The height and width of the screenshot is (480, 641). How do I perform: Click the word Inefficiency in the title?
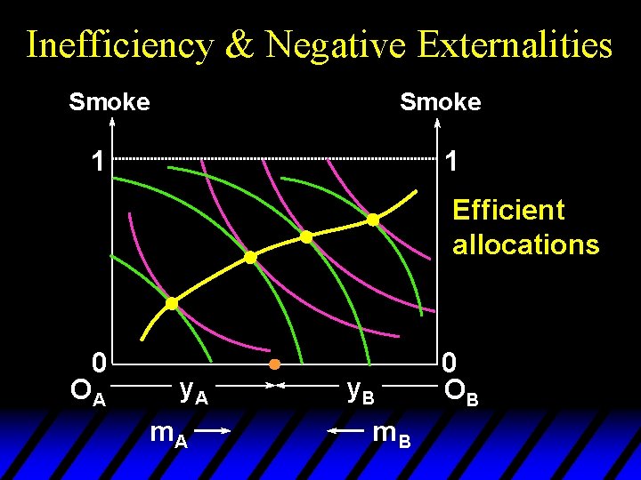point(119,44)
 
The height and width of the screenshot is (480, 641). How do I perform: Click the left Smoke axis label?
point(110,102)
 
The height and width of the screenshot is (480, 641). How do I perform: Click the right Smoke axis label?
point(441,102)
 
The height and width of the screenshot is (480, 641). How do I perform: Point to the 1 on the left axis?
point(97,162)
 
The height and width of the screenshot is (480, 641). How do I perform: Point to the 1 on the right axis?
point(452,162)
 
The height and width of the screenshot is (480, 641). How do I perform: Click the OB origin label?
point(460,392)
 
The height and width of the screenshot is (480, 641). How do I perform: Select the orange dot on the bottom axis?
point(275,364)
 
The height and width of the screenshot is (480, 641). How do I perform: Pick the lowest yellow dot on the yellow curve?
point(172,303)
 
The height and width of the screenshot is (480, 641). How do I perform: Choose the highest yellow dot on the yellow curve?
point(373,219)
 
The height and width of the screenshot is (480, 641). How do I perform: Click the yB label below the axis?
point(361,390)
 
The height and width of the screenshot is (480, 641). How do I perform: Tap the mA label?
point(168,433)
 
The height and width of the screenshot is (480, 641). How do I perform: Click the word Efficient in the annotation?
point(508,211)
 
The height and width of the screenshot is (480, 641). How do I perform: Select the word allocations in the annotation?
point(525,244)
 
